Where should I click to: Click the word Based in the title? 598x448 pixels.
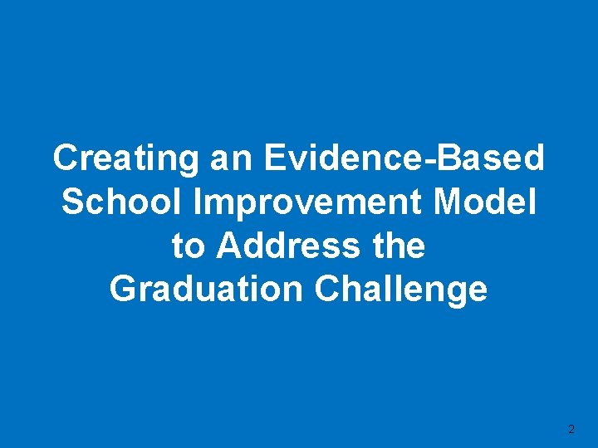(x=491, y=158)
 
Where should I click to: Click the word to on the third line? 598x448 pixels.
(x=187, y=246)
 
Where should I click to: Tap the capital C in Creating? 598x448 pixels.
(x=65, y=158)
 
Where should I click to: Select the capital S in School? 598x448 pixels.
(x=72, y=202)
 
